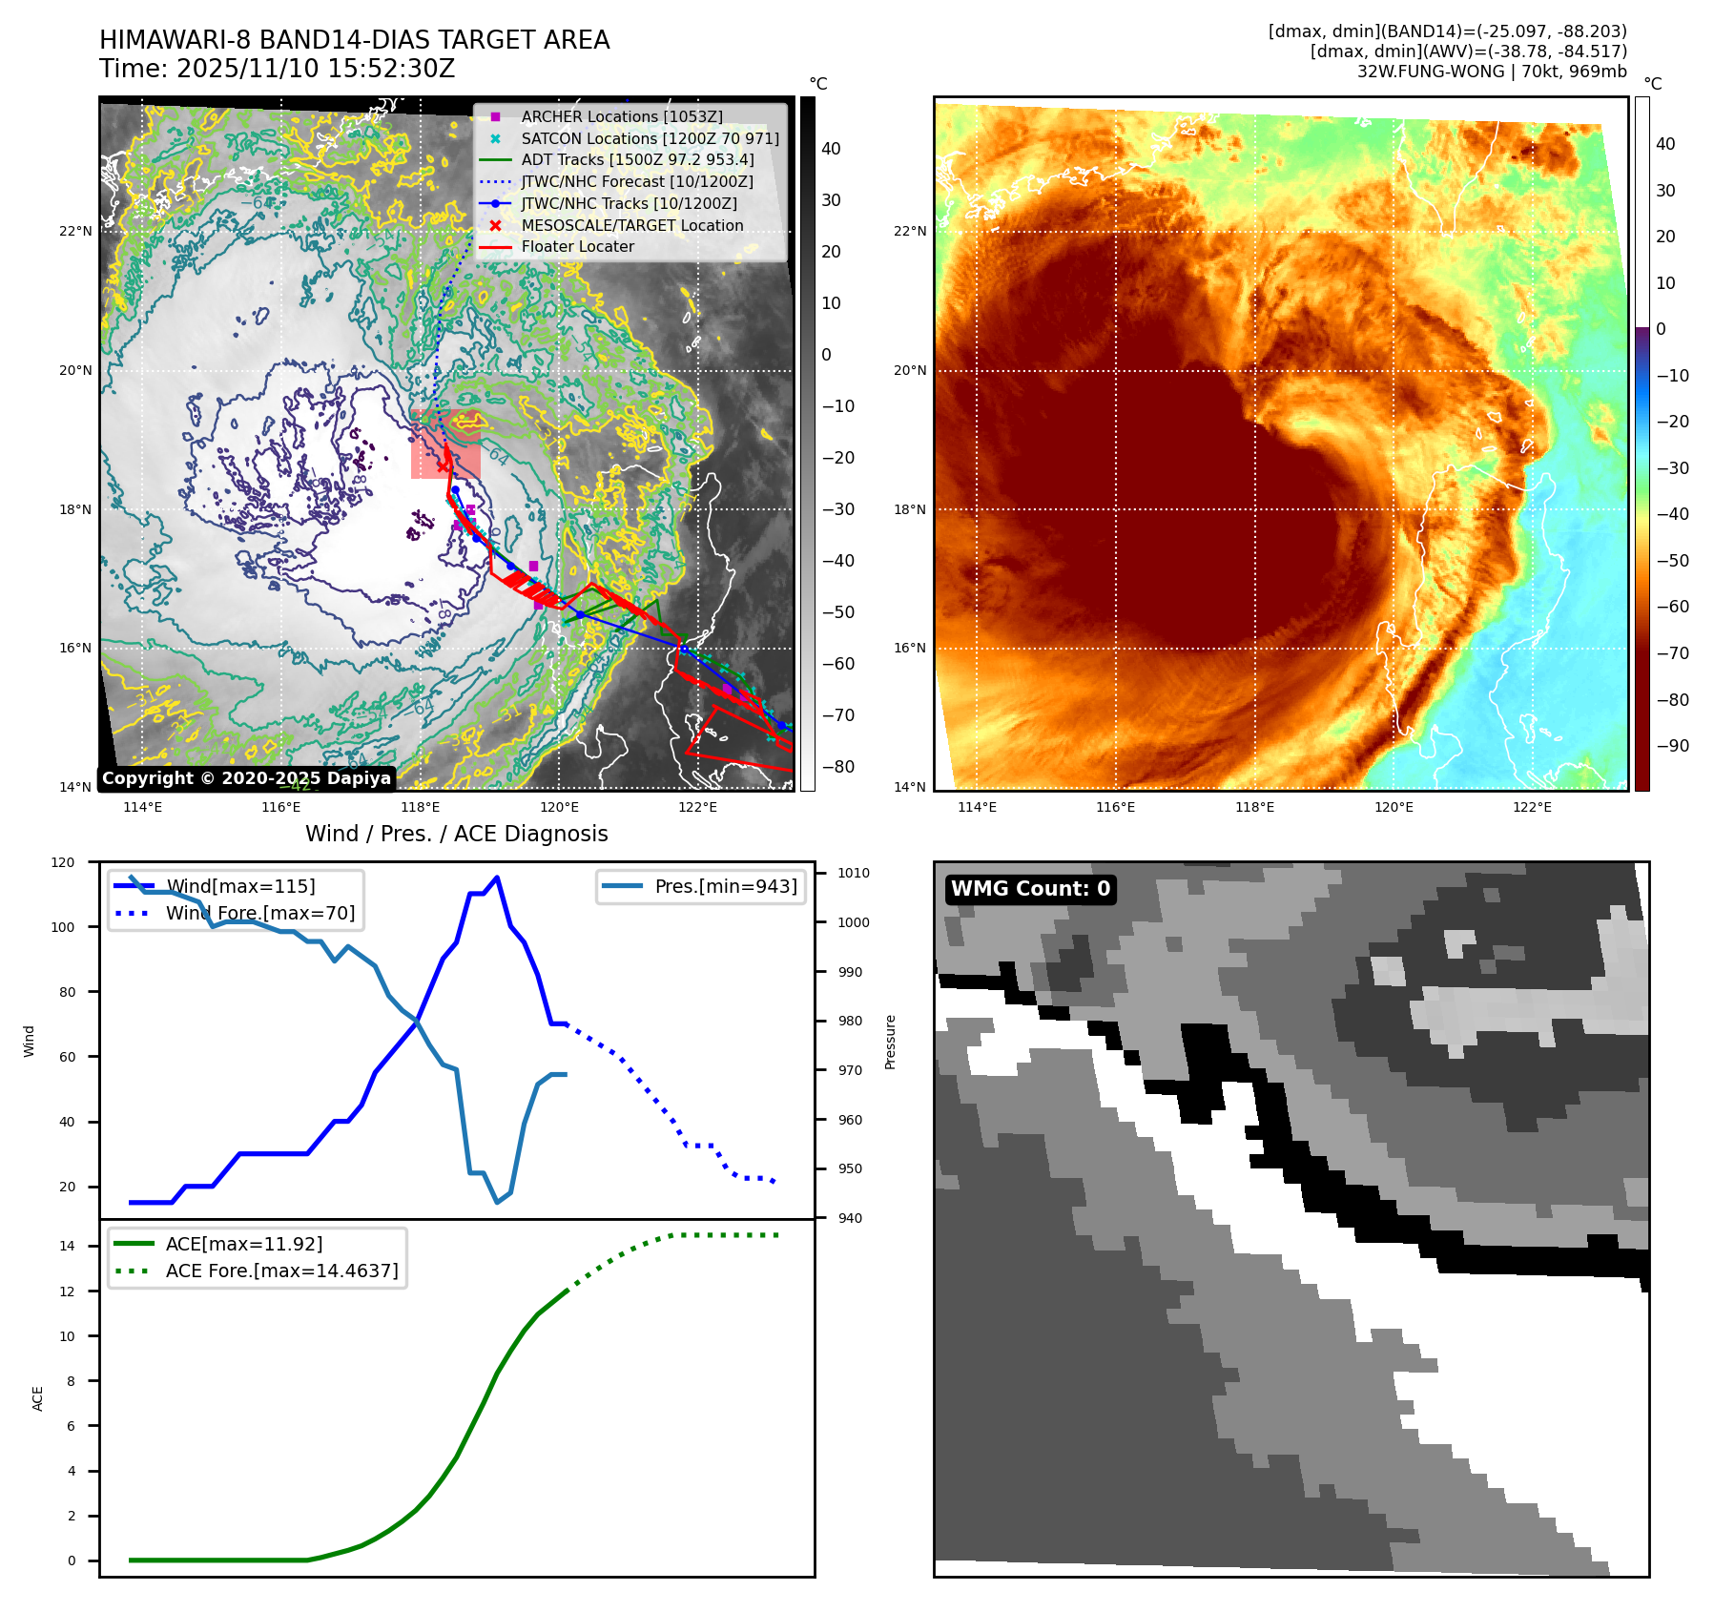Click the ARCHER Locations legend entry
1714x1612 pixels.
coord(621,116)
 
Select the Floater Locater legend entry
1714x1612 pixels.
coord(577,246)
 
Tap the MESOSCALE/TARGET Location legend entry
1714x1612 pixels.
coord(631,225)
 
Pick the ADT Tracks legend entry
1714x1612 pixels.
coord(637,159)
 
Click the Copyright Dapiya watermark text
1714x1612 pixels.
coord(246,778)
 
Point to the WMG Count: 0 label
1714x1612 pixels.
coord(1030,889)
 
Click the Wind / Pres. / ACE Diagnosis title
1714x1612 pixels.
coord(456,834)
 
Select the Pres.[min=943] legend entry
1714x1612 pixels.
coord(725,886)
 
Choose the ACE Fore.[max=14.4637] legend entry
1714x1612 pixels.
coord(281,1271)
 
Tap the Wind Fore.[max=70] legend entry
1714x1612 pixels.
coord(259,913)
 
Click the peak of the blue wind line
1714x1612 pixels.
coord(497,878)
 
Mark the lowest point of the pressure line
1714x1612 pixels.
coord(497,1202)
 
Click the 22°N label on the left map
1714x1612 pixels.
coord(76,231)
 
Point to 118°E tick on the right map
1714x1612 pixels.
coord(1254,807)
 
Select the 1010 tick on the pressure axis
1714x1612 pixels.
coord(854,873)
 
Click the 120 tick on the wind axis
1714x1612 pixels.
coord(63,862)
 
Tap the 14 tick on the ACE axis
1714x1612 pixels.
coord(67,1246)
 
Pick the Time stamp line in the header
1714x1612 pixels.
coord(277,70)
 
